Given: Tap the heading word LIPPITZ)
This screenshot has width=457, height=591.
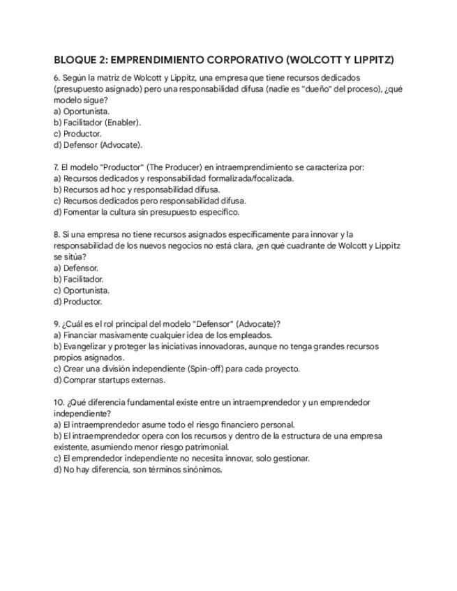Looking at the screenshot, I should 370,60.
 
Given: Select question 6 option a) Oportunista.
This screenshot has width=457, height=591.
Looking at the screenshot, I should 82,111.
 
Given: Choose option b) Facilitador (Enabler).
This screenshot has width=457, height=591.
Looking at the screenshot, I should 97,122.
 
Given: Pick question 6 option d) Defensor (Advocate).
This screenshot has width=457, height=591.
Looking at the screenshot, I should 98,145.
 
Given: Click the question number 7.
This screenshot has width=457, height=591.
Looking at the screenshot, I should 57,167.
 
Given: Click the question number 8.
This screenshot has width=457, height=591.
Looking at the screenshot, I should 57,234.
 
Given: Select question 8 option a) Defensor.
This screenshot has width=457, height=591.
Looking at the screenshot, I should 76,268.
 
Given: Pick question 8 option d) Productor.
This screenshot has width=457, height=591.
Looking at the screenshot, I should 77,302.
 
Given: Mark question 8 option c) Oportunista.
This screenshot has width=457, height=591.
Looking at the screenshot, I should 82,291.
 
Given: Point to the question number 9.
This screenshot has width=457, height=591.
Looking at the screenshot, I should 57,324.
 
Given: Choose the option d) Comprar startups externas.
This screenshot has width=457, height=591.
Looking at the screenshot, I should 110,380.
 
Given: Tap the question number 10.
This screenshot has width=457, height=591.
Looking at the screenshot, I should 59,402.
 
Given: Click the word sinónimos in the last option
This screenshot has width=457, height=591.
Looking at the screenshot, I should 202,470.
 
